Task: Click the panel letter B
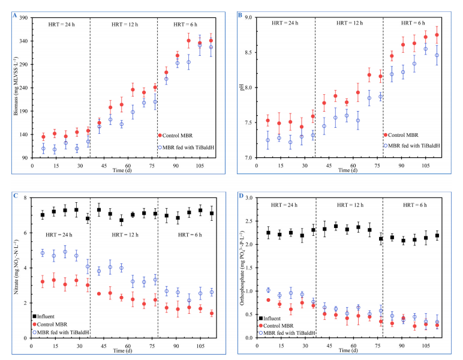coord(240,16)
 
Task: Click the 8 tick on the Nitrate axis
coord(26,198)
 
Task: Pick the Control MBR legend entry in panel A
coord(180,136)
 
